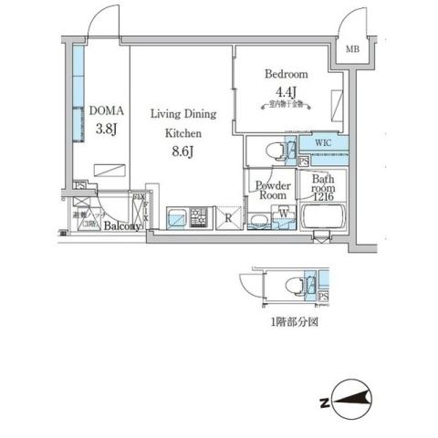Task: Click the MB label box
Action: pyautogui.click(x=351, y=50)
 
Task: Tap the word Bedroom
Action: pyautogui.click(x=286, y=74)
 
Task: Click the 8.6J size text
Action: pyautogui.click(x=183, y=151)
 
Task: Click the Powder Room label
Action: pyautogui.click(x=273, y=190)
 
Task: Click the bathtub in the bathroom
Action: pyautogui.click(x=322, y=219)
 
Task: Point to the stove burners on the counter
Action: pyautogui.click(x=198, y=218)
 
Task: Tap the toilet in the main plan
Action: pyautogui.click(x=273, y=149)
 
